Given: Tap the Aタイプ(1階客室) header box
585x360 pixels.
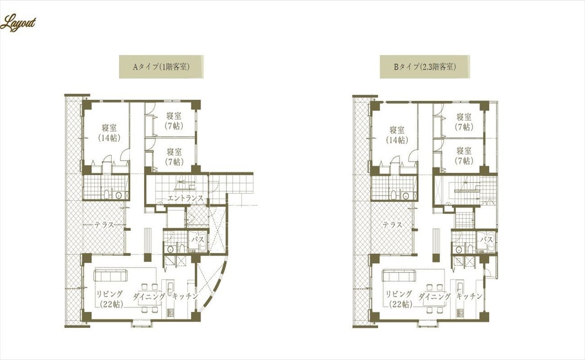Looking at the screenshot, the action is [x=161, y=67].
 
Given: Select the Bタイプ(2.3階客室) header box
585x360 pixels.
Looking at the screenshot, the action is [x=425, y=67].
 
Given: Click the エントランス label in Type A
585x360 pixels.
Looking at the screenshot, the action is [x=185, y=198].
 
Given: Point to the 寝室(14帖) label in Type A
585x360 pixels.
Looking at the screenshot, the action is [x=109, y=133].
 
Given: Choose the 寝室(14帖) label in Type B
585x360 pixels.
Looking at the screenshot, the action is [x=397, y=135].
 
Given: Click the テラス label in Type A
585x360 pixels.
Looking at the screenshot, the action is [x=104, y=225].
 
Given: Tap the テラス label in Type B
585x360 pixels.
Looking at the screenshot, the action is [x=392, y=225].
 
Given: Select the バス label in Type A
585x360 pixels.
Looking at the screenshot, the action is [x=198, y=239].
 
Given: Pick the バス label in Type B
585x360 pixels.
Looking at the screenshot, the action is [x=487, y=239].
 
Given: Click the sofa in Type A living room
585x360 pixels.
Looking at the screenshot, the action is [x=110, y=276].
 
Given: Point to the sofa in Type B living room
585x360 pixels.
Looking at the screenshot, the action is [x=399, y=276].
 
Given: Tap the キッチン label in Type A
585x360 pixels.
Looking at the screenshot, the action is [x=185, y=296].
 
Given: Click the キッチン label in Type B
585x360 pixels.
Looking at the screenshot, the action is [x=469, y=296].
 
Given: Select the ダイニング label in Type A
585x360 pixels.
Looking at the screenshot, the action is [x=149, y=296].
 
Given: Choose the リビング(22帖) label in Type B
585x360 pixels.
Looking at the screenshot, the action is [x=399, y=299].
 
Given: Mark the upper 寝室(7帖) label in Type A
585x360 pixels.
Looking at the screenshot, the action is [x=174, y=121].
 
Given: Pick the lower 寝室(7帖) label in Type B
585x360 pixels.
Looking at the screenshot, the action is [x=464, y=156].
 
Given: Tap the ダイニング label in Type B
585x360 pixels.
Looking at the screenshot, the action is [x=435, y=296].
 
